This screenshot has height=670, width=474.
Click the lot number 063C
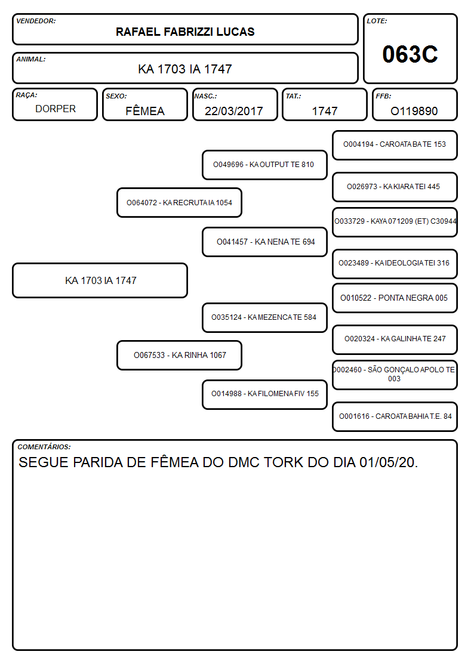click(x=410, y=54)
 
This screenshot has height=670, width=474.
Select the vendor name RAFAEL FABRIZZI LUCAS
click(x=185, y=32)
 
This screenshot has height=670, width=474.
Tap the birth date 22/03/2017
click(x=234, y=111)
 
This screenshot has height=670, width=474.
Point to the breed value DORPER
click(x=56, y=109)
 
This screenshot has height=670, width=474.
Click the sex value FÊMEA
click(x=145, y=110)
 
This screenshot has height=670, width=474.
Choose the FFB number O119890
click(x=414, y=111)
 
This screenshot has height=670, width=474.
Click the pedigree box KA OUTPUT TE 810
click(x=264, y=165)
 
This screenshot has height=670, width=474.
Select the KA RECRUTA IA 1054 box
click(x=179, y=202)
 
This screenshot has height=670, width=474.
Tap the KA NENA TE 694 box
click(x=264, y=242)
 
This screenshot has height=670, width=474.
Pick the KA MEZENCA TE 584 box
click(x=264, y=317)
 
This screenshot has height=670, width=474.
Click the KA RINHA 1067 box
click(x=179, y=355)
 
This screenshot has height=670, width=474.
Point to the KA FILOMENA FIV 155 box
click(x=264, y=394)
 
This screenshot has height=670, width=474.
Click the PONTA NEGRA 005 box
click(x=395, y=298)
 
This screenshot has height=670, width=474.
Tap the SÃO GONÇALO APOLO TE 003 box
click(x=395, y=375)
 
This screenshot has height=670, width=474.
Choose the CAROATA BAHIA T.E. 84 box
click(x=395, y=416)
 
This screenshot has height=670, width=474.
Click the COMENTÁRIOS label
click(x=44, y=447)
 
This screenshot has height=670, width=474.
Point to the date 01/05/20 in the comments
click(x=388, y=462)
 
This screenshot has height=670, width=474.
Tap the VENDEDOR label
click(x=36, y=21)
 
